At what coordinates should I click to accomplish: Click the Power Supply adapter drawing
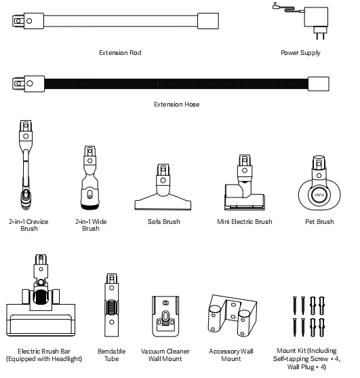point(315,18)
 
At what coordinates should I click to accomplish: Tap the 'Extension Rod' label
point(120,53)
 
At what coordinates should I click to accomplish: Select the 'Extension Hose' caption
point(176,105)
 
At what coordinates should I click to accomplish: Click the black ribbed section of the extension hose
point(176,83)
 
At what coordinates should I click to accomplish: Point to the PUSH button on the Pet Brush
point(319,195)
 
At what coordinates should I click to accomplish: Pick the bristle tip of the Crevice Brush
point(25,206)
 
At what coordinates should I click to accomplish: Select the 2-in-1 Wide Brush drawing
point(89,178)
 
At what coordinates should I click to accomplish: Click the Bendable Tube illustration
point(111,305)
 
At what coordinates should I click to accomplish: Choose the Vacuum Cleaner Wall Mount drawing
point(165,316)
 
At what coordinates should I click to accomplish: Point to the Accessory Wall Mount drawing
point(233,316)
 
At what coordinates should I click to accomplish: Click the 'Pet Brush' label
point(319,222)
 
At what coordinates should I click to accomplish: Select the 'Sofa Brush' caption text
point(164,222)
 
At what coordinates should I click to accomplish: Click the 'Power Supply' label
point(300,53)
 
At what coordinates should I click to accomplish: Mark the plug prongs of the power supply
point(320,36)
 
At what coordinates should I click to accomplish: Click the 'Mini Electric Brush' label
point(245,222)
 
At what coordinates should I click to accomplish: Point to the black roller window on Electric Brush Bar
point(40,297)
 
